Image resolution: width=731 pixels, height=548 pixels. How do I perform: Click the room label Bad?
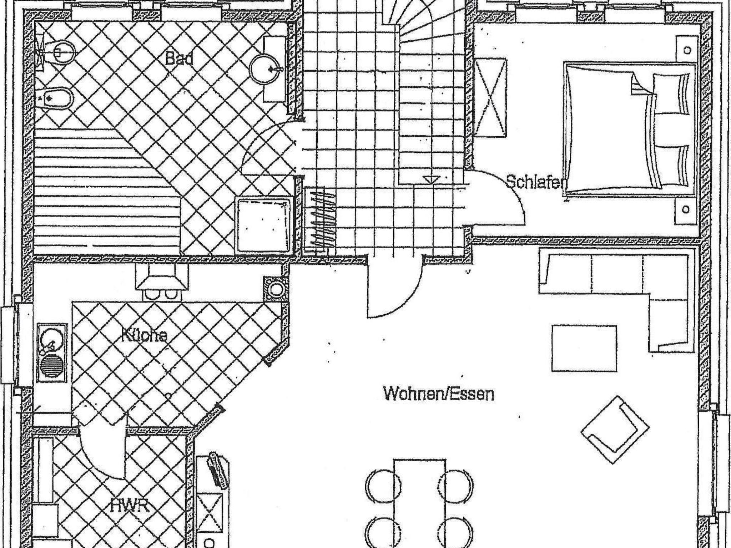180,59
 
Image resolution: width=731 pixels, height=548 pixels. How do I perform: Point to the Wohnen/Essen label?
438,394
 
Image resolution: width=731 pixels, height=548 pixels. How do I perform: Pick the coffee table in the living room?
584,348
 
